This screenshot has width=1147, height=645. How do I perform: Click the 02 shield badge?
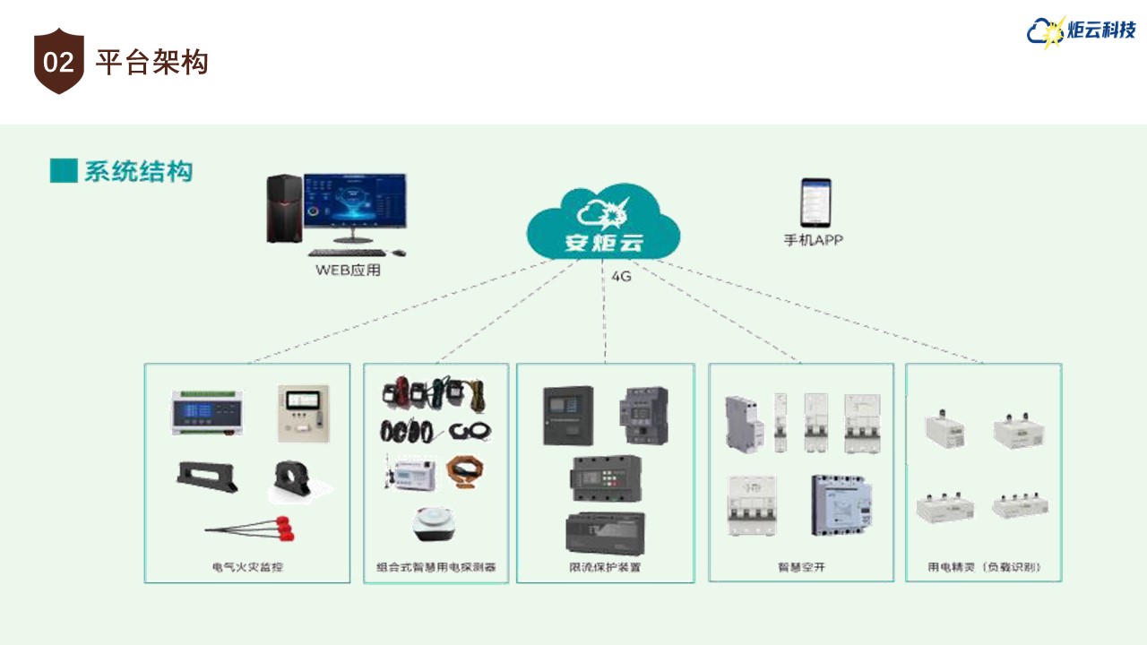(x=58, y=62)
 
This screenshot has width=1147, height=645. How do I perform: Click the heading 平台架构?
(x=151, y=63)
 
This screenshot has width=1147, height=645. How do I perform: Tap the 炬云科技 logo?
(x=1082, y=31)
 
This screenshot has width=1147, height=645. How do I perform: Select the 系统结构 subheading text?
(x=139, y=171)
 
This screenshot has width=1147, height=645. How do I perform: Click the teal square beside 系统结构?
(x=64, y=170)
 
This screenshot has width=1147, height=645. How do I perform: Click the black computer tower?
(x=282, y=209)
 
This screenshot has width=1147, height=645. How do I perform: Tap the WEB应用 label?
(x=348, y=270)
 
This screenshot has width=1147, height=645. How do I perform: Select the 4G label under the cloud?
(x=621, y=277)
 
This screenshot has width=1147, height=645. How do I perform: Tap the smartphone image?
(x=815, y=202)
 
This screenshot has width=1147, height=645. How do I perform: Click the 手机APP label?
(x=814, y=240)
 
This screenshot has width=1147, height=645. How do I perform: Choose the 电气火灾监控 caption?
(x=247, y=567)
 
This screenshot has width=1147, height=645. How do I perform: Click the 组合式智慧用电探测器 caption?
(x=436, y=567)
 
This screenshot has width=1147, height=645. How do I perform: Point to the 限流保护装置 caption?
(x=605, y=567)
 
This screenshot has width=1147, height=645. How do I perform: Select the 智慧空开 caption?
(x=801, y=567)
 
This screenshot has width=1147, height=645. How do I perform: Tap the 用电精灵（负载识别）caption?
(x=984, y=567)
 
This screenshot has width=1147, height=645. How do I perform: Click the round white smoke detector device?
(x=436, y=525)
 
